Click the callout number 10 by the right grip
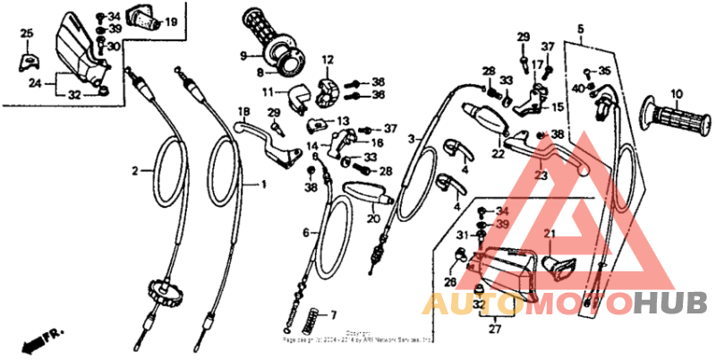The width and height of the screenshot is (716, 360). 676,93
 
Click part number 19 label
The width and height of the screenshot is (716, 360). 170,21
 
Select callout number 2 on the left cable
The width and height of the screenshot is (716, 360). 136,169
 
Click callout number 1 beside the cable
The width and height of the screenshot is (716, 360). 264,184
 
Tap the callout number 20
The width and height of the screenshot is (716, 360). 372,218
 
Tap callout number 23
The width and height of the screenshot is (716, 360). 540,176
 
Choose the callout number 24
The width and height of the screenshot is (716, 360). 35,83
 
